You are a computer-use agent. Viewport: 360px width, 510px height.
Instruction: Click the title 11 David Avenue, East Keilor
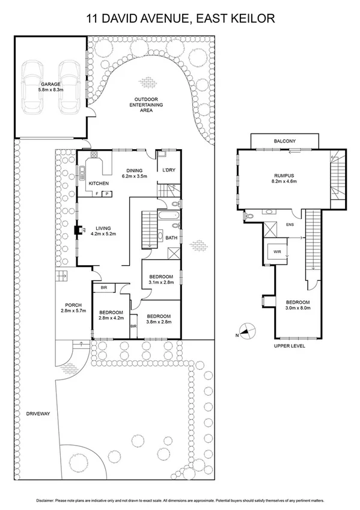point(180,19)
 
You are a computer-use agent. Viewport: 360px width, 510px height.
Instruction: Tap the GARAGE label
point(50,85)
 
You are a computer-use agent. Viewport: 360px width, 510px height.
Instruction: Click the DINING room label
point(133,170)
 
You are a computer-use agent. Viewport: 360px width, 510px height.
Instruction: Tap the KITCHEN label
point(99,183)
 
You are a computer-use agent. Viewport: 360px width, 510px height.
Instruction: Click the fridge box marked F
point(97,194)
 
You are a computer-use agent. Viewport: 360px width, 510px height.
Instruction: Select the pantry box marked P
point(108,194)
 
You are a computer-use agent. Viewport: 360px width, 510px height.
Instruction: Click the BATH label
point(171,238)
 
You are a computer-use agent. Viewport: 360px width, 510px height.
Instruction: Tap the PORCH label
point(74,305)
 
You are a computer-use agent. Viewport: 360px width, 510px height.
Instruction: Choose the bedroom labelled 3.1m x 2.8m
point(162,279)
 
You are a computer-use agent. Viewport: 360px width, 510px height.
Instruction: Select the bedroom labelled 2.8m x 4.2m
point(111,315)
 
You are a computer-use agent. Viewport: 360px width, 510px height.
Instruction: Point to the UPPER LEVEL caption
point(290,346)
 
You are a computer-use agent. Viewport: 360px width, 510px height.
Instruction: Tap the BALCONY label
point(284,141)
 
